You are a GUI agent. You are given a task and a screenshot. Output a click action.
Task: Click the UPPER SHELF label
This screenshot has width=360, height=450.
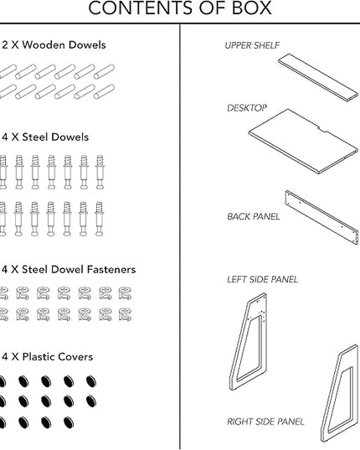(x=252, y=45)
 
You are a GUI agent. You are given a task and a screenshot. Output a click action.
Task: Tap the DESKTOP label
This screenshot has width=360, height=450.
(x=247, y=108)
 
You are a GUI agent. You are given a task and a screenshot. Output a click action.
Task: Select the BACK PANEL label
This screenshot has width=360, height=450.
(x=254, y=216)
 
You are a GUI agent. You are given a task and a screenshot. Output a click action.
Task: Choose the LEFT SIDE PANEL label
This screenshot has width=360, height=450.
(x=263, y=279)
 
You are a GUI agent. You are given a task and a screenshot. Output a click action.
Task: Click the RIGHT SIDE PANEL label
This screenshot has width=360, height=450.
(x=265, y=422)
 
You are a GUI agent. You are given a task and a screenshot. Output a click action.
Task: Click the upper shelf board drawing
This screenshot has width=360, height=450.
(x=318, y=77)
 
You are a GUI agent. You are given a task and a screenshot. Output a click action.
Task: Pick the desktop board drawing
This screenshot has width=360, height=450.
(x=304, y=141)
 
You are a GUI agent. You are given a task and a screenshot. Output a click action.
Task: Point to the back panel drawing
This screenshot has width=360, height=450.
(x=321, y=217)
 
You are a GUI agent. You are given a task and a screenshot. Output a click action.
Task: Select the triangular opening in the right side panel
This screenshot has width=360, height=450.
(x=341, y=399)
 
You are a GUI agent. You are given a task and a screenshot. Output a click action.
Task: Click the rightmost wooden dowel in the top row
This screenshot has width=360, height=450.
(x=104, y=71)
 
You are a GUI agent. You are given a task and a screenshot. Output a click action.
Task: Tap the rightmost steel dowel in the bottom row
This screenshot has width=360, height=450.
(x=99, y=219)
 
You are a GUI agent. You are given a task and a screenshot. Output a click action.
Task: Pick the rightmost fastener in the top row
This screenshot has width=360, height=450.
(x=126, y=293)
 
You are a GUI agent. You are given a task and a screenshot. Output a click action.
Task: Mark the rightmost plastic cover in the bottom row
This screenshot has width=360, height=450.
(x=69, y=422)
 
